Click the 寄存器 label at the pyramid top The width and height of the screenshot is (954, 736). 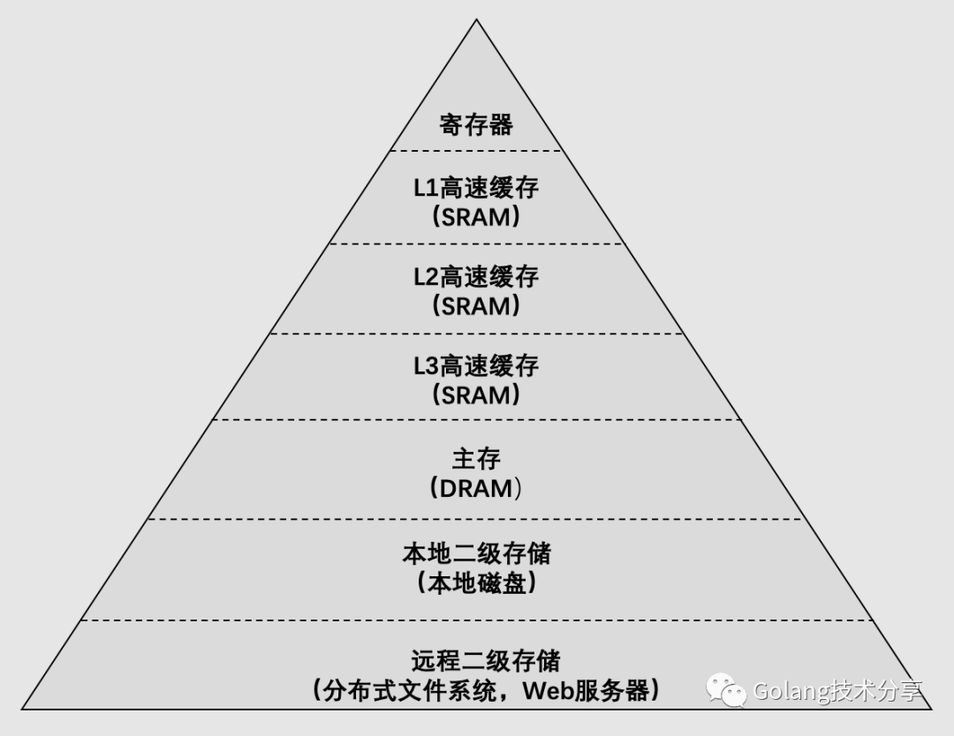(476, 124)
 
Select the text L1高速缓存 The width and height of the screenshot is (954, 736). (476, 188)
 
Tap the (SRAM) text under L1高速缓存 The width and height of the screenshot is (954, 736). (476, 217)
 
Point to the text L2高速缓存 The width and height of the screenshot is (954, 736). (476, 277)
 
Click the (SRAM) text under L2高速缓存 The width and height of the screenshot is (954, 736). (476, 306)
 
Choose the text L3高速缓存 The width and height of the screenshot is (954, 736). (476, 366)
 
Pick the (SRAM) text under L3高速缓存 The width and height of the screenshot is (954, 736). (476, 395)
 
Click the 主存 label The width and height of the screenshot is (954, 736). (476, 459)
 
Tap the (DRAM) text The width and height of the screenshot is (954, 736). (476, 488)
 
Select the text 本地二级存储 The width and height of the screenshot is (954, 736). (476, 554)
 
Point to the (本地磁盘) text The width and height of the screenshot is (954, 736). (476, 583)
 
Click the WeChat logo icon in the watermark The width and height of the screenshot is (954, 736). (724, 690)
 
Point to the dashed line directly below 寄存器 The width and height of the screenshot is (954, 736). (476, 151)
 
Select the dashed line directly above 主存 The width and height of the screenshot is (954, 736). (476, 420)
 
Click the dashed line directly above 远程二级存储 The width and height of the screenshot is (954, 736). (476, 620)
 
